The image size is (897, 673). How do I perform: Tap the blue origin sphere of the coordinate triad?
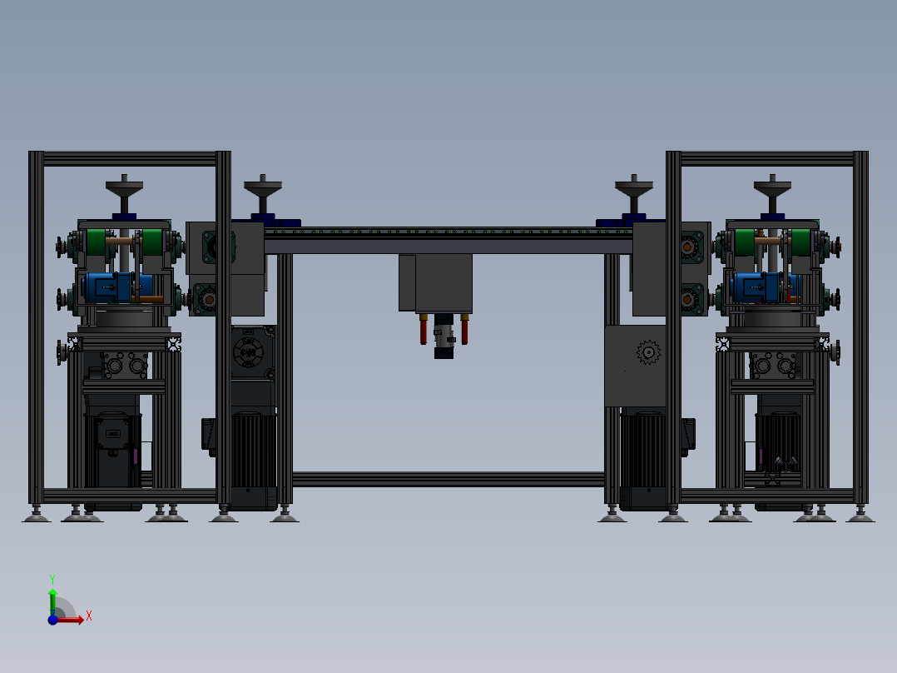52,619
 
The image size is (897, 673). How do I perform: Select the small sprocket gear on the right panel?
647,352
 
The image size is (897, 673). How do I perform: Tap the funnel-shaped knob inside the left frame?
125,195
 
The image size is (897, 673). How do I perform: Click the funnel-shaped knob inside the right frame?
773,195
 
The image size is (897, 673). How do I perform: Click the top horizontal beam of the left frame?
130,158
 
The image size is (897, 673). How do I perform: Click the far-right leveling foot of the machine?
860,517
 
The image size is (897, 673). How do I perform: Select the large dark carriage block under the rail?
443,283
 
